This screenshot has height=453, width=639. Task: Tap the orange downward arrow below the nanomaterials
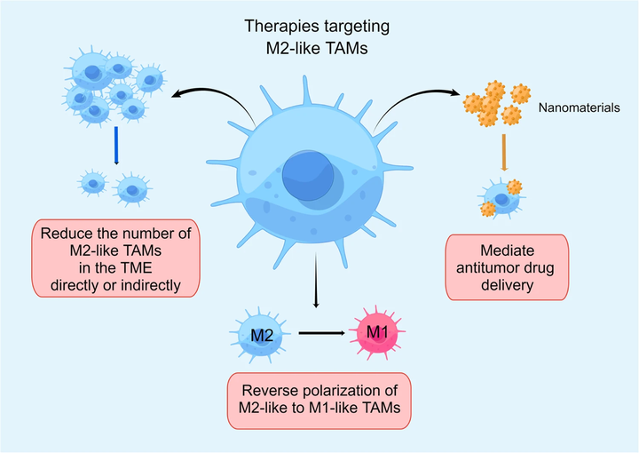click(503, 152)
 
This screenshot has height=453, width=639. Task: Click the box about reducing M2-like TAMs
click(116, 257)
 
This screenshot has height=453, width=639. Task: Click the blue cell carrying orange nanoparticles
click(501, 199)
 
